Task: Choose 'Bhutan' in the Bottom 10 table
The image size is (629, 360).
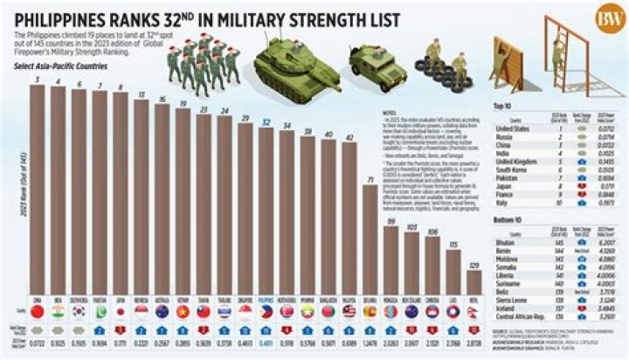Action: (503, 239)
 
